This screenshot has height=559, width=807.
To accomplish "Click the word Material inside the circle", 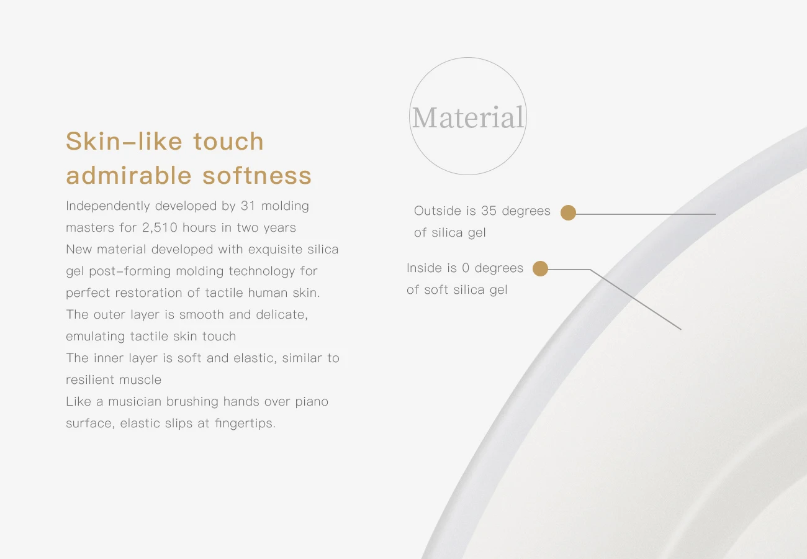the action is (468, 117).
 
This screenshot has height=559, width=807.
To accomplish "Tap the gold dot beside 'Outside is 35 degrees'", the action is (568, 212).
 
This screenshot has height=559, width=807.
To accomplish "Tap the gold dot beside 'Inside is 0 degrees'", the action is (540, 268).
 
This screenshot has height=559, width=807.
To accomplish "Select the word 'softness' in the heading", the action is (257, 176).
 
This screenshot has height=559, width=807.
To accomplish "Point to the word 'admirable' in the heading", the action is (128, 176).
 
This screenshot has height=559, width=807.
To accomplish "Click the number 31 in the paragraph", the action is (248, 206).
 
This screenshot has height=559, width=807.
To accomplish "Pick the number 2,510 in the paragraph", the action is (160, 227).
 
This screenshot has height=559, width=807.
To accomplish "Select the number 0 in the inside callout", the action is (466, 268).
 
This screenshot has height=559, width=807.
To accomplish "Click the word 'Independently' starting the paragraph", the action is (108, 206).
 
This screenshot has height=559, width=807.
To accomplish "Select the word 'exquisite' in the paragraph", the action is (275, 250).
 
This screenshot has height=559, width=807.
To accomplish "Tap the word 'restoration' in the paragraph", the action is (148, 293).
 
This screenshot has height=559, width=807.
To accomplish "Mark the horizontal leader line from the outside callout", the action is (646, 214).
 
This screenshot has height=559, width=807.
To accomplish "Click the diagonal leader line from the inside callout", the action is (636, 299).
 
